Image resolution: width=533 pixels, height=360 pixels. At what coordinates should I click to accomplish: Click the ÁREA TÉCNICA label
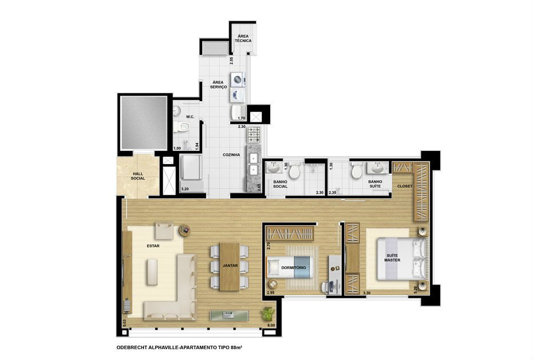pos(243,38)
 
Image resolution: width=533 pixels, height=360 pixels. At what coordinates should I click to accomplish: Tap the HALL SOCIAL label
pos(138,176)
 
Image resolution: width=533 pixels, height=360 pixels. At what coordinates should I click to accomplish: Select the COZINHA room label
pos(231,155)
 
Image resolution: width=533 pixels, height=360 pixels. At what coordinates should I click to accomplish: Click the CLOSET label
pos(405,186)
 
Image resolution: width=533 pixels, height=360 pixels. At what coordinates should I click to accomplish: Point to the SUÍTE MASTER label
pos(392,258)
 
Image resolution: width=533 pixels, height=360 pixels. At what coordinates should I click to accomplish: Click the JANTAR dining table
pos(230,266)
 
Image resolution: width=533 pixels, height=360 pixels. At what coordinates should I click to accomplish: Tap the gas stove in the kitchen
pos(254,134)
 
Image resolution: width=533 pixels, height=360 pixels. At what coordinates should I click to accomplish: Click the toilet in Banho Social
pos(294,171)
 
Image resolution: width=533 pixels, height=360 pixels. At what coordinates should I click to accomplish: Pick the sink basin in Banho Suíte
pos(377,168)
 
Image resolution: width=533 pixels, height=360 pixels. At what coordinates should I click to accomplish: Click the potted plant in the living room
pos(268,313)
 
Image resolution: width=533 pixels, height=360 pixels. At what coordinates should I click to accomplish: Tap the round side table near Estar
pos(185,230)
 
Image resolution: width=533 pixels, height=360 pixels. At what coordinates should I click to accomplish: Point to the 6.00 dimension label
pos(271,325)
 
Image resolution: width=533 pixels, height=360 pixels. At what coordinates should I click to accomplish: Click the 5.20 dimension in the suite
pos(415,290)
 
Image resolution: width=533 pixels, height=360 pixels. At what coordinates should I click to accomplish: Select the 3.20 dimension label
pos(185,189)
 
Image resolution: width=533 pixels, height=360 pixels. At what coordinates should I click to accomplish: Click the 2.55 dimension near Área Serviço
pos(231,61)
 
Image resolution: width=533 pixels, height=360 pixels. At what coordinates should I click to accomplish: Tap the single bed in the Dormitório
pos(289,267)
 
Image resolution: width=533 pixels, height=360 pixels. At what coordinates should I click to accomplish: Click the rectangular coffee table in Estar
pos(153,272)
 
